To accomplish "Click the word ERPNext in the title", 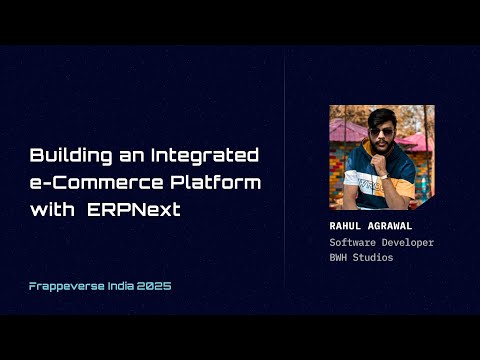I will (147, 210).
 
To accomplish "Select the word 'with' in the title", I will (50, 210).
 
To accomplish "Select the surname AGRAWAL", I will (391, 226).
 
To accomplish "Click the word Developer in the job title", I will (410, 242).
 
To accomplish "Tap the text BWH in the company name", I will (340, 258).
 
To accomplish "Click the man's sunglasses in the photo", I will (381, 131).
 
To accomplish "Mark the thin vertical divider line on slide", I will (285, 180).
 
